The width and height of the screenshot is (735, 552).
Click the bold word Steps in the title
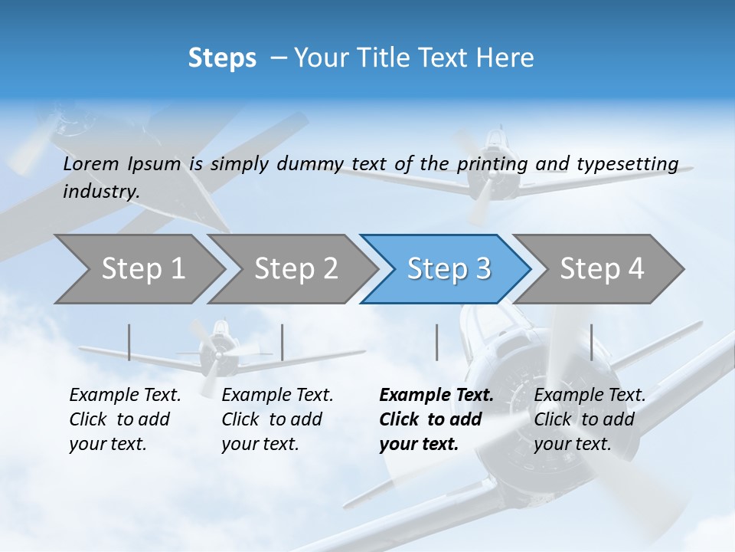(x=222, y=58)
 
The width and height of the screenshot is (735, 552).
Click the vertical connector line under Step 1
(x=129, y=342)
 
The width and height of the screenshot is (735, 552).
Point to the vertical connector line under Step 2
(x=283, y=342)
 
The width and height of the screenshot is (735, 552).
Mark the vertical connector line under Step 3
(x=436, y=342)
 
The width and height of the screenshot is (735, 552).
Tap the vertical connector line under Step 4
(x=591, y=342)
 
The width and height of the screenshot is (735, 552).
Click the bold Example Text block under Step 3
(x=436, y=419)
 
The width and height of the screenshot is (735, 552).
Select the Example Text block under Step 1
(x=125, y=419)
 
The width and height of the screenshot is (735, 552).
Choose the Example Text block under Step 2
(x=277, y=419)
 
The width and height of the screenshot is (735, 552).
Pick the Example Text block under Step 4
(x=590, y=419)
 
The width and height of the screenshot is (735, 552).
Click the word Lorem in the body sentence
(x=91, y=164)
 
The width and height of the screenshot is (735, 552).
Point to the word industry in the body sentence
(x=101, y=192)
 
